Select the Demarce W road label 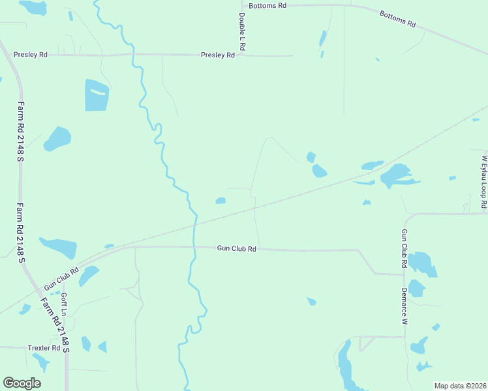click(x=404, y=306)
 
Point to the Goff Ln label click(x=65, y=304)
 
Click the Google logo click(x=22, y=383)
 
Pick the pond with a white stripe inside click(x=97, y=95)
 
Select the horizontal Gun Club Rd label click(x=237, y=249)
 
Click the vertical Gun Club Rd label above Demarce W click(x=404, y=250)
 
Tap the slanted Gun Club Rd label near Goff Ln click(x=61, y=278)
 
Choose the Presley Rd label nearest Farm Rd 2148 click(x=31, y=55)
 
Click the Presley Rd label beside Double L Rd click(x=218, y=56)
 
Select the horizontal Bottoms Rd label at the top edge click(x=267, y=5)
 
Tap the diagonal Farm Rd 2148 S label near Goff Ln click(x=55, y=322)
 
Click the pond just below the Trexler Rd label click(x=40, y=361)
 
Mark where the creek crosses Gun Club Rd click(x=194, y=247)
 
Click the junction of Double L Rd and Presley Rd click(x=241, y=55)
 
